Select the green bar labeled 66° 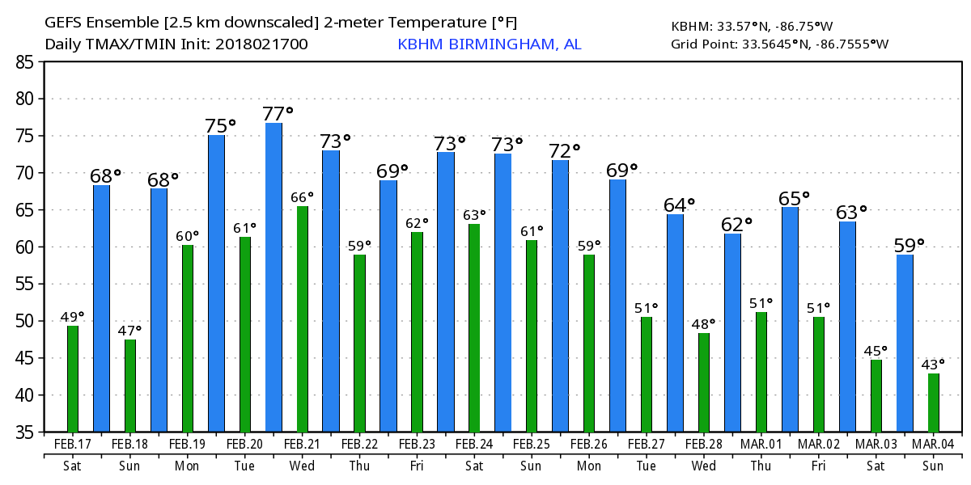point(303,319)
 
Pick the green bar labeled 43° point(934,403)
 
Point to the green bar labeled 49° point(73,378)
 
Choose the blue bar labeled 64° point(675,323)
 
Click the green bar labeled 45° point(876,396)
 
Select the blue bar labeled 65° point(790,319)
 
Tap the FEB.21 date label point(301,445)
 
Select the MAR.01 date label point(761,445)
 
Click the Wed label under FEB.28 point(703,466)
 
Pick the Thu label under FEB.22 point(358,466)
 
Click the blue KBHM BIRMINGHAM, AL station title point(489,44)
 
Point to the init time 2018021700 point(261,44)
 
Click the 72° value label point(565,150)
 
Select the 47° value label point(129,330)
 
